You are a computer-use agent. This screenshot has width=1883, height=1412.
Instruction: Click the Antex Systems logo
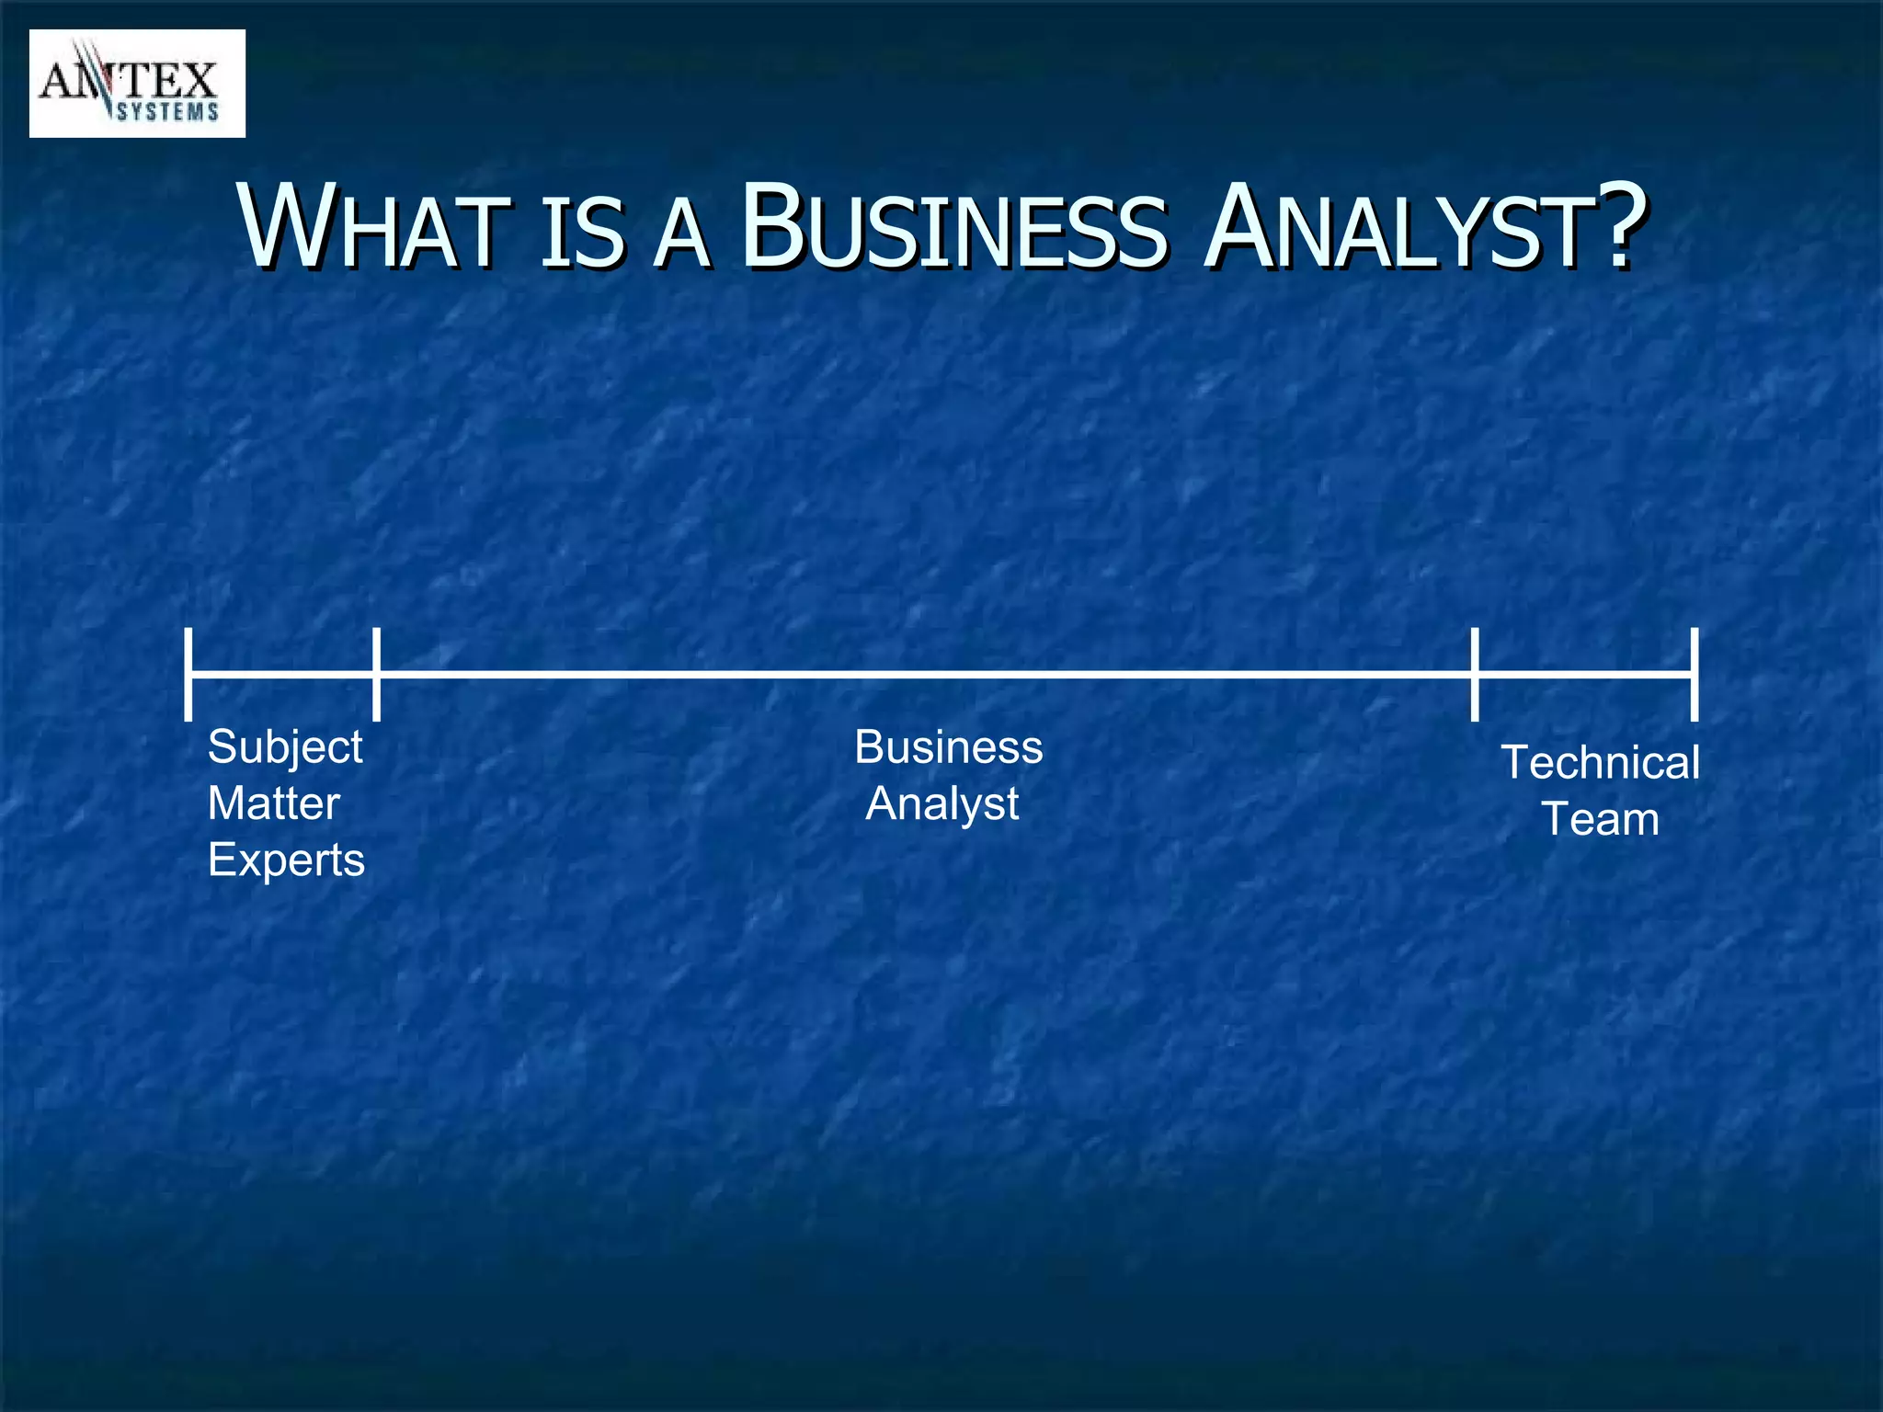click(x=137, y=84)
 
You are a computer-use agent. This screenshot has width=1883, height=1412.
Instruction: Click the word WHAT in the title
click(x=373, y=227)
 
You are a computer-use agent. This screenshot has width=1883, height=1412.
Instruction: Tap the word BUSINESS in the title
click(x=953, y=227)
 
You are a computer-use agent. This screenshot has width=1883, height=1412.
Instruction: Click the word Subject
click(x=285, y=746)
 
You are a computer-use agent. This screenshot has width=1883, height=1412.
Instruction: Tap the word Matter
click(x=274, y=803)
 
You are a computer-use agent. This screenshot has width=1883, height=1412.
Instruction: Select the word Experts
click(x=286, y=860)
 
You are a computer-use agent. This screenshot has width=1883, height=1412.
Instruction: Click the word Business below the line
click(x=949, y=746)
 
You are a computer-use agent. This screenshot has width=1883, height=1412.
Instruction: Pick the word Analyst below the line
click(x=942, y=804)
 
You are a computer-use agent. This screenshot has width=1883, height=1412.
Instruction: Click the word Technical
click(x=1600, y=763)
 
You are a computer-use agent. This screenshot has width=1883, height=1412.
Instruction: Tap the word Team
click(x=1600, y=819)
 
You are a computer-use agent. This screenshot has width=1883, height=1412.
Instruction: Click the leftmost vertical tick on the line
click(x=188, y=675)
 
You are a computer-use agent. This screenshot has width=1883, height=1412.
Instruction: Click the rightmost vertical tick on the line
click(x=1694, y=675)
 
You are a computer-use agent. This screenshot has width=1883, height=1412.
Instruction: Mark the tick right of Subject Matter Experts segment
click(x=376, y=675)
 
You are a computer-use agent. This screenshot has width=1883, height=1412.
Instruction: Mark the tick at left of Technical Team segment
click(x=1475, y=675)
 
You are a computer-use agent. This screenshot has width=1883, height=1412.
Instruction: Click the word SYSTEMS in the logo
click(x=167, y=112)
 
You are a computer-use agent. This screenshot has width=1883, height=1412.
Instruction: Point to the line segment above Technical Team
click(x=1584, y=675)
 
